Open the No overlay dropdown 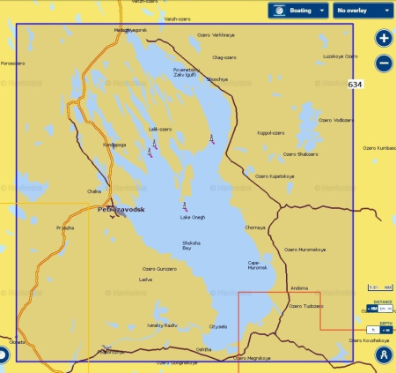coord(363,11)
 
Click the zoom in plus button coord(383,39)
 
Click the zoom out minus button coord(383,63)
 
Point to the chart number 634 coord(355,85)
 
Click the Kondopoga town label coord(115,145)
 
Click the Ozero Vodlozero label coord(336,120)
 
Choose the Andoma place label coord(299,287)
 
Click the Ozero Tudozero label coord(306,307)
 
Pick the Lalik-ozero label coord(159,129)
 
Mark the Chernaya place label coord(255,227)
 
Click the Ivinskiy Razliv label coord(162,325)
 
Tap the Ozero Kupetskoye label coord(274,176)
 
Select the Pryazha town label coord(65,228)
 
